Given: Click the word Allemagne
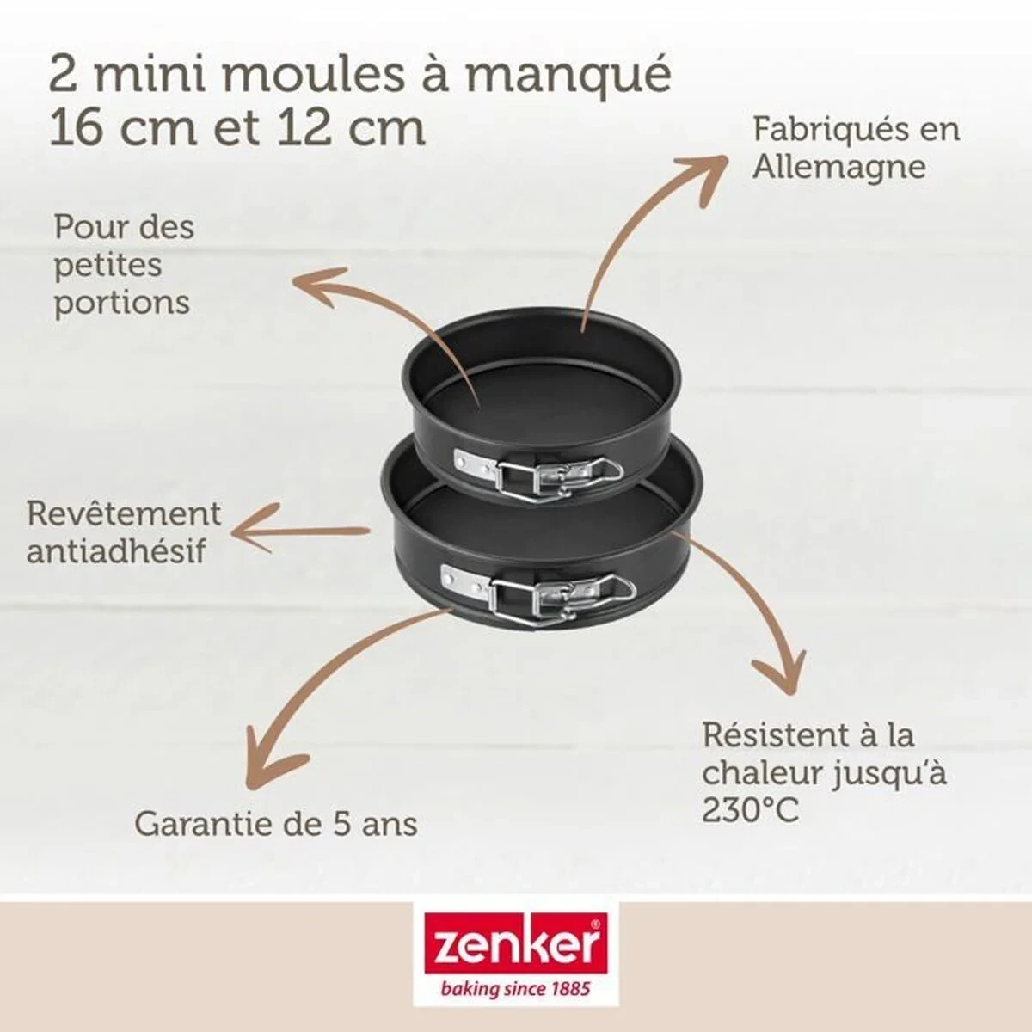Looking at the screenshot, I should point(838,166).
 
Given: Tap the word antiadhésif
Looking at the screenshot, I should point(116,551).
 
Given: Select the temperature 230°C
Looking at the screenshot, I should point(751,810).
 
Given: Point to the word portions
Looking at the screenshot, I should point(121,303).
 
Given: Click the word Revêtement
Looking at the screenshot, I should point(124,513).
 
